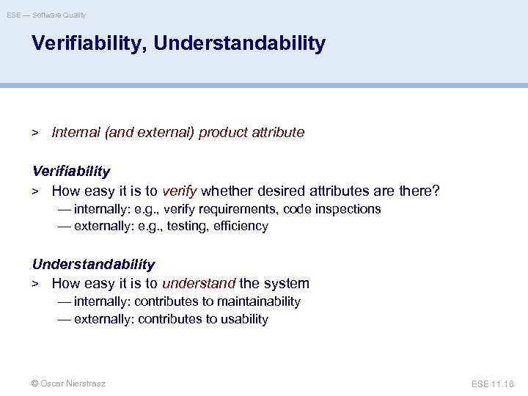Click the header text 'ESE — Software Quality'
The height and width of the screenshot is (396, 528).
tap(46, 15)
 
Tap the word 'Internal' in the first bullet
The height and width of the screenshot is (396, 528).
tap(76, 133)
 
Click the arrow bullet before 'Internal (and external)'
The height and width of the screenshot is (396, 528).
tap(34, 133)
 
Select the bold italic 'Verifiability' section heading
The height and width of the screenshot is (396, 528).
tap(71, 172)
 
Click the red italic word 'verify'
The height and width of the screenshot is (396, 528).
tap(179, 191)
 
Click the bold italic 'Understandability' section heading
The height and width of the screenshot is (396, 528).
tap(94, 264)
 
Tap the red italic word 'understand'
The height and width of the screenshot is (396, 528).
tap(199, 284)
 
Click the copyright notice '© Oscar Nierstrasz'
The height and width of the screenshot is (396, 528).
tap(69, 384)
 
